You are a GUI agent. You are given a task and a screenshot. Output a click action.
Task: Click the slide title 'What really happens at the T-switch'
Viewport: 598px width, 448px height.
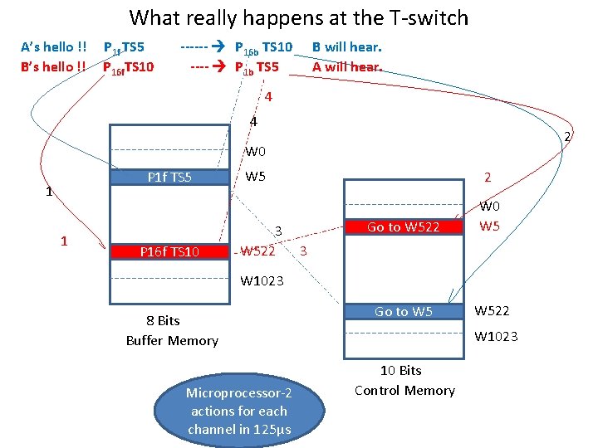299,17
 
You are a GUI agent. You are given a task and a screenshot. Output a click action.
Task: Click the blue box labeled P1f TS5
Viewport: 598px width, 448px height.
169,177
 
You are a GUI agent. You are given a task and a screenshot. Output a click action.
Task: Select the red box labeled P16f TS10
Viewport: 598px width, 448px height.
169,251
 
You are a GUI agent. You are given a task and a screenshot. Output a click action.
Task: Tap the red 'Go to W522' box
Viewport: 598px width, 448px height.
403,226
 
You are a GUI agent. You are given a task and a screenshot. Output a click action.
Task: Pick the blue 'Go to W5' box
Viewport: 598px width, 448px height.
403,312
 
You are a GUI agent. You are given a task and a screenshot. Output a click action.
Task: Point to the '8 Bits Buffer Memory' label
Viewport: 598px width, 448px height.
172,330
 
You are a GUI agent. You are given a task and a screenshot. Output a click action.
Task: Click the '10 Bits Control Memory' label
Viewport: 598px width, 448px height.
404,380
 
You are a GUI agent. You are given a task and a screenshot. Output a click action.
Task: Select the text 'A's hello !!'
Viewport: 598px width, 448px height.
54,47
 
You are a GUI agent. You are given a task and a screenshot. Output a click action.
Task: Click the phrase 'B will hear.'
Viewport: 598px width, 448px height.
346,47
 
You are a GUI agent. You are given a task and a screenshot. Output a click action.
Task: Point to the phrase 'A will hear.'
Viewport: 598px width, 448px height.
346,66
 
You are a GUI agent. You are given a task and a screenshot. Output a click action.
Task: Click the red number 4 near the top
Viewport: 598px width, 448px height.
267,97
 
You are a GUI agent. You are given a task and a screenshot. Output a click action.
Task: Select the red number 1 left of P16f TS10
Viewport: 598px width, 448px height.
64,241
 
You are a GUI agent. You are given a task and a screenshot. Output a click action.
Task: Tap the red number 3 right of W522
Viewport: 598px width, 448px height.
303,250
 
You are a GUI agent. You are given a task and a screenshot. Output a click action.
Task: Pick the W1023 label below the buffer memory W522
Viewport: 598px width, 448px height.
262,280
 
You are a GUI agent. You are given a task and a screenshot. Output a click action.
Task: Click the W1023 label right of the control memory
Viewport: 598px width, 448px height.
496,336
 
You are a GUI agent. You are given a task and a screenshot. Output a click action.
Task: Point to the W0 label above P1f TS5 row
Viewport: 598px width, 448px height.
255,152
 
